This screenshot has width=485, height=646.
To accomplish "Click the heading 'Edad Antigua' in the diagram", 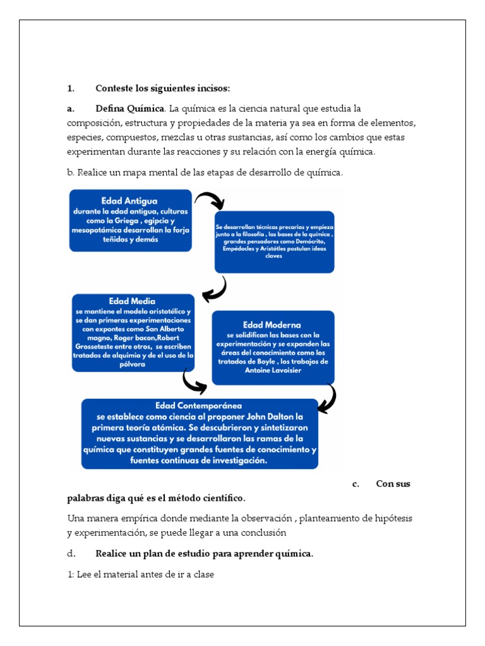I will (x=129, y=201).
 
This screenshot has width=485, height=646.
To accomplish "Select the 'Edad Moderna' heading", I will (x=272, y=325).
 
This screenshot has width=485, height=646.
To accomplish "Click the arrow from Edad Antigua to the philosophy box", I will (x=210, y=200).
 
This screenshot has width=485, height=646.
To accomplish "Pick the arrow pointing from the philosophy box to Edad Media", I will (x=215, y=290).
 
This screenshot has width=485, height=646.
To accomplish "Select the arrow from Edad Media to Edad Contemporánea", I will (x=194, y=381).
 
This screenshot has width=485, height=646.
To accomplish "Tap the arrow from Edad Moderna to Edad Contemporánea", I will (x=327, y=399).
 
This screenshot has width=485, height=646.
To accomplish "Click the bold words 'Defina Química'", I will (x=129, y=109).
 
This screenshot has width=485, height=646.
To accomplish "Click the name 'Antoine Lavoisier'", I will (x=272, y=370).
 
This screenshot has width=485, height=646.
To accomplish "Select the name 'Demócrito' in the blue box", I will (x=310, y=242).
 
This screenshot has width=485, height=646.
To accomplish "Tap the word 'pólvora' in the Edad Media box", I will (x=132, y=364).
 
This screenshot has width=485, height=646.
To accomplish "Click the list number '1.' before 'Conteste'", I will (x=71, y=87).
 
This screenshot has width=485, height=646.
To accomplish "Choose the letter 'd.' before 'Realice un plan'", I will (x=71, y=554).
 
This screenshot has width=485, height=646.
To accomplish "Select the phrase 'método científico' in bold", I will (x=205, y=498).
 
